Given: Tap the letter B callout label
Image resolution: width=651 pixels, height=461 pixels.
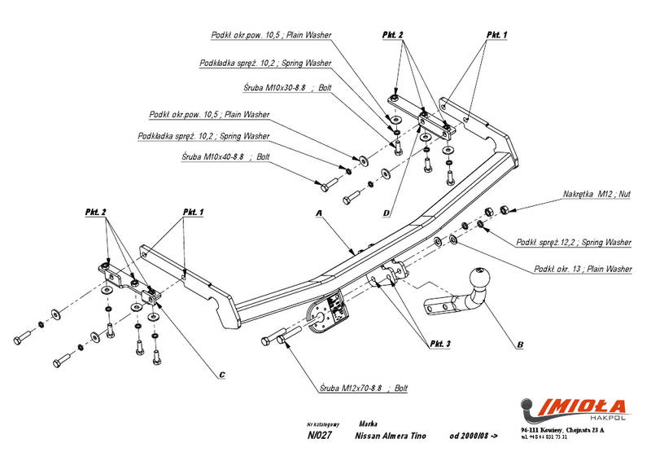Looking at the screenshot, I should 519,345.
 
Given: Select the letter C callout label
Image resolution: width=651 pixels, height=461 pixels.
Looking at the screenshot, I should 221,375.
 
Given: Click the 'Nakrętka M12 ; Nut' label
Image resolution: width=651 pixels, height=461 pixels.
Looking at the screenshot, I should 596,195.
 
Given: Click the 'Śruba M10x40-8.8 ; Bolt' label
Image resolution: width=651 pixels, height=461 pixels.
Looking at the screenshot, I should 225,155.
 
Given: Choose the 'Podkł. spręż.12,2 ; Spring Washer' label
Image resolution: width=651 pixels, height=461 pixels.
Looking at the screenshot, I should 574,243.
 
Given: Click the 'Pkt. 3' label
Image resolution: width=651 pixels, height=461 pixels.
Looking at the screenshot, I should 435,344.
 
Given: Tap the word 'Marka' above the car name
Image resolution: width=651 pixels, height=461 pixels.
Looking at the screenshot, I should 366,424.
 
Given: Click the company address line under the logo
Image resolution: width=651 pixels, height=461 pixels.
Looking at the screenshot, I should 562,429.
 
